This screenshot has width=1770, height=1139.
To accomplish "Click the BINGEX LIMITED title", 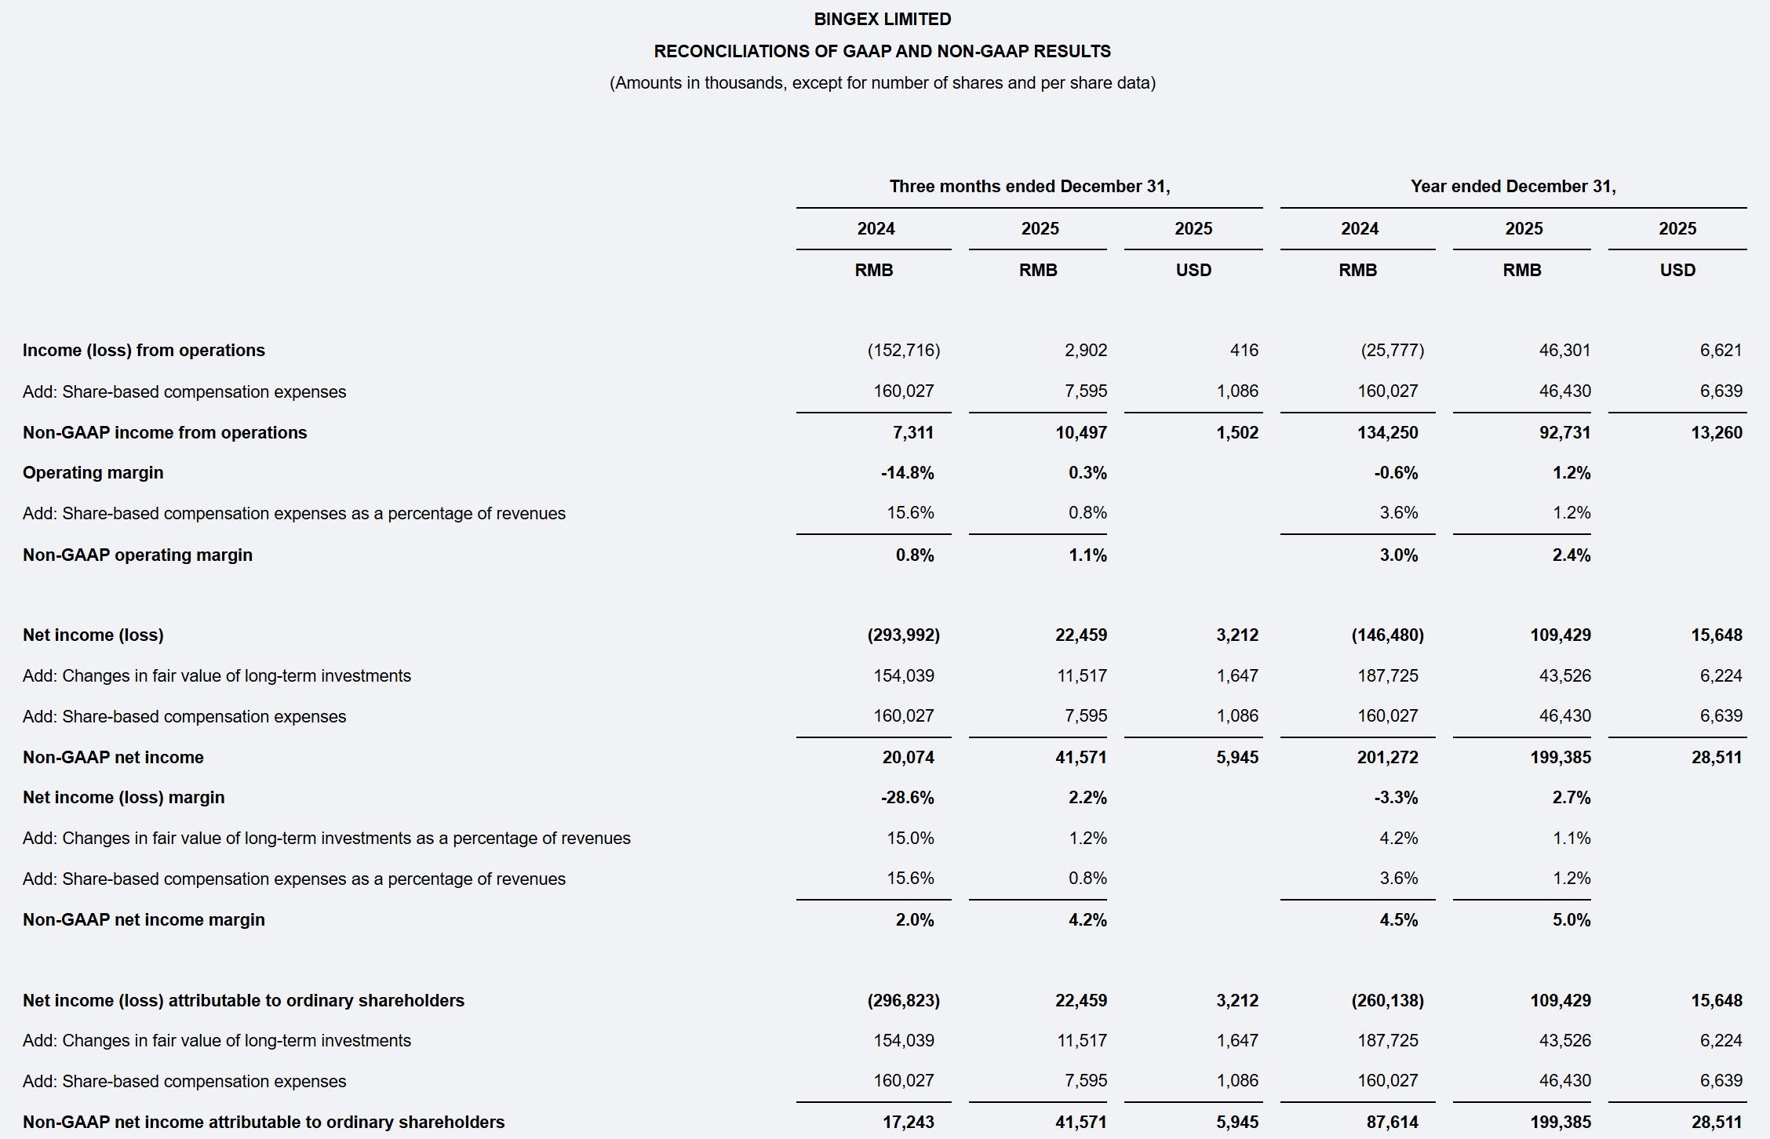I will point(883,19).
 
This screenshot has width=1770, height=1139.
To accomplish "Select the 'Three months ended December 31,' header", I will point(1029,187).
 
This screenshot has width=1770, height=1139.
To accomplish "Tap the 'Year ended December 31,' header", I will point(1513,187).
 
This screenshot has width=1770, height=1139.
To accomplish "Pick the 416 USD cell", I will point(1244,351).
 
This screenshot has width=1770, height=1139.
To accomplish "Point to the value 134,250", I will point(1387,433).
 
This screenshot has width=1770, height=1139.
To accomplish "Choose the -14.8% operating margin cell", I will point(907,473).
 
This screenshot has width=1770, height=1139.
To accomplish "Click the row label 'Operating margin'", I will point(93,473).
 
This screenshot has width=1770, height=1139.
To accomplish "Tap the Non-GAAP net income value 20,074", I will point(908,758).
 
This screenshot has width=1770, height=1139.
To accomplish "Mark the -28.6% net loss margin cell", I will point(907,798).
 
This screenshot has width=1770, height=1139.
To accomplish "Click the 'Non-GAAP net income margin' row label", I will point(144,920).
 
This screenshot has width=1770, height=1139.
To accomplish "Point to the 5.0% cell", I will point(1571,920).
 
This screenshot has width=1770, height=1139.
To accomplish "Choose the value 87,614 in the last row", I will point(1392,1123).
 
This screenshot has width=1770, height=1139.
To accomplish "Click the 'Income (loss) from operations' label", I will point(144,351).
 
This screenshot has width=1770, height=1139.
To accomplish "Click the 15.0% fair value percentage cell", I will point(910,839).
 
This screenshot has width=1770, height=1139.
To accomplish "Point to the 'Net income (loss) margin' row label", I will point(124,798).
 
